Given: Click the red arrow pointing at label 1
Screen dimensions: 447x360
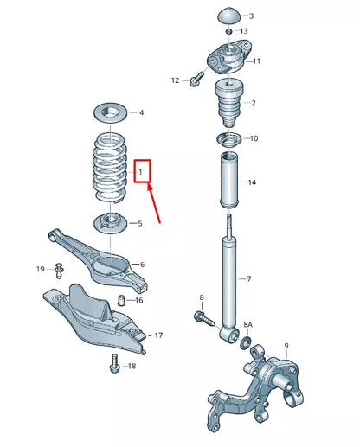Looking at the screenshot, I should (x=157, y=205).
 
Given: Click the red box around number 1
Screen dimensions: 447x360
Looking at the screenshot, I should (x=142, y=171).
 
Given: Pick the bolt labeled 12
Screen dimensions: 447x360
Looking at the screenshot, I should (x=196, y=80).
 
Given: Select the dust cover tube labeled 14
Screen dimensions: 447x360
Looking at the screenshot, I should (x=228, y=183).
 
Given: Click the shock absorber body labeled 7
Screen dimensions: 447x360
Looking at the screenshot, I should (x=229, y=277).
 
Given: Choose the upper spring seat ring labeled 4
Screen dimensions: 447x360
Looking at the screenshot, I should (x=110, y=112).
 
